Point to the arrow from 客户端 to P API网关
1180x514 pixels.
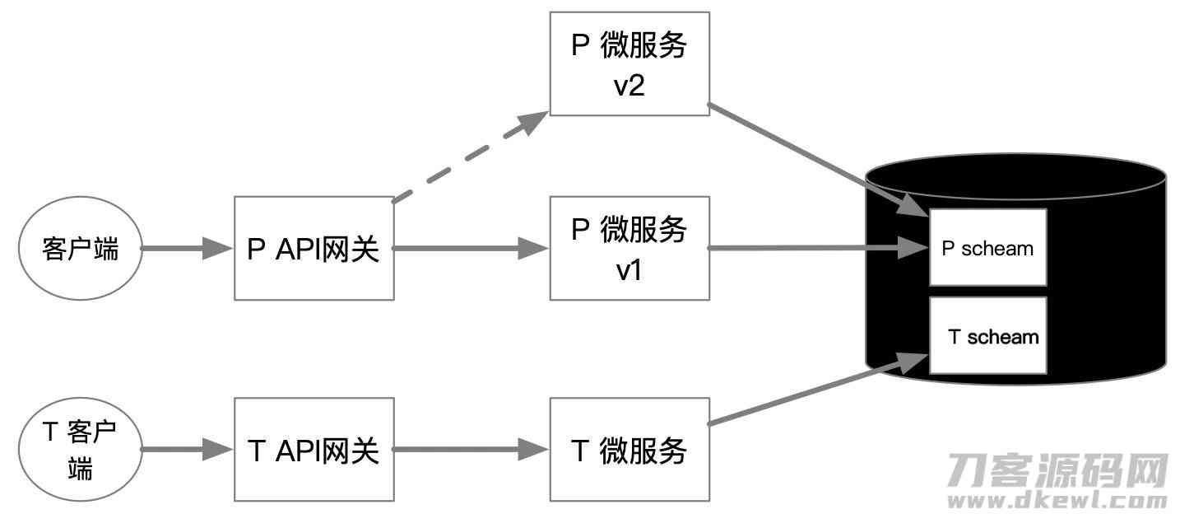[x=187, y=248]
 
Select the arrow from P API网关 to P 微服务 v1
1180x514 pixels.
[x=472, y=248]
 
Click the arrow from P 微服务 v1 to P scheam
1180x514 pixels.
[x=819, y=248]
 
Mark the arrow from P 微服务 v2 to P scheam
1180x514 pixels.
[x=818, y=161]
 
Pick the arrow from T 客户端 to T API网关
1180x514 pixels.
[x=187, y=449]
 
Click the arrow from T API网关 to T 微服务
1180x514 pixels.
[x=472, y=449]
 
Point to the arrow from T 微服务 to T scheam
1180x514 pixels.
[x=818, y=389]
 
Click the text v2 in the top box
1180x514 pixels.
[x=629, y=86]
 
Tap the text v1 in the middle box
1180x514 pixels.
[x=629, y=270]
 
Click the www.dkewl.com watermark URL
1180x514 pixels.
[x=1057, y=499]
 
